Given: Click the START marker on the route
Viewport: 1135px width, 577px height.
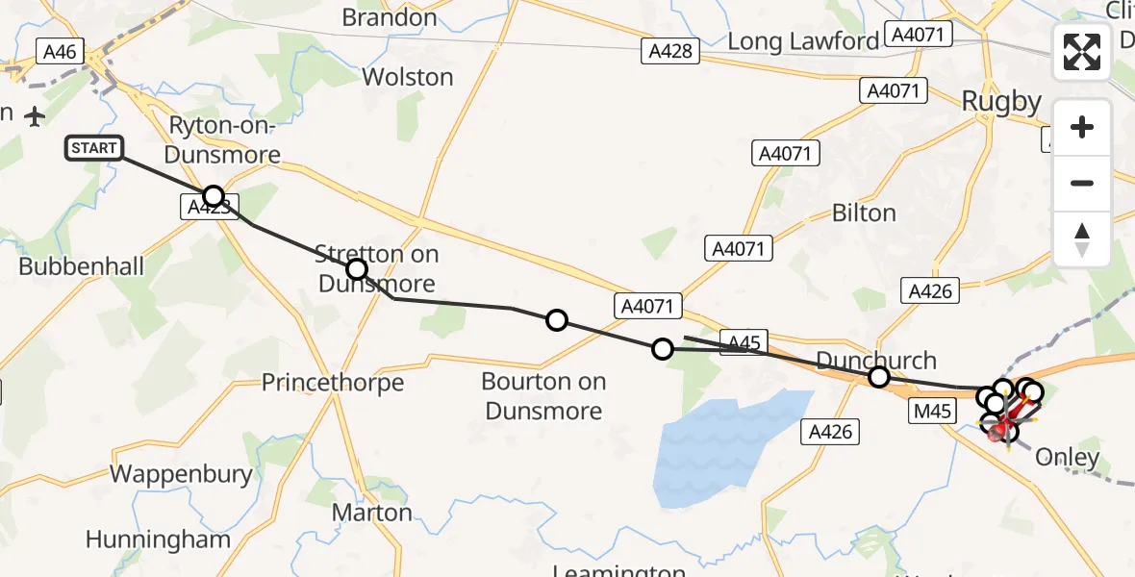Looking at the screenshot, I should click(94, 148).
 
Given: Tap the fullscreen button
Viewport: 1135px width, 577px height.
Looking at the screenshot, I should click(1082, 52).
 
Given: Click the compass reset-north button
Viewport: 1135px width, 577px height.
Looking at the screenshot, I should click(1082, 239).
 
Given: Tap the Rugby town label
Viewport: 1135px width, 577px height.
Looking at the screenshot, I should click(1001, 102).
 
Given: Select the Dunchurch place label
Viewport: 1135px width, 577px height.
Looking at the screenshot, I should click(875, 361).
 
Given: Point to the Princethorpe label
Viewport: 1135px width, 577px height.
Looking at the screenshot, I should click(333, 383).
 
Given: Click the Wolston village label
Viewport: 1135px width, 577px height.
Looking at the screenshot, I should click(407, 77).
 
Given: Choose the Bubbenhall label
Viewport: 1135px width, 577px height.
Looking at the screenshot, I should click(81, 265).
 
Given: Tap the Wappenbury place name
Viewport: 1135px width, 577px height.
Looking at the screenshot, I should click(181, 474).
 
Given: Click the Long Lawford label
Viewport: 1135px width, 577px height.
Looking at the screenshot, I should click(803, 41).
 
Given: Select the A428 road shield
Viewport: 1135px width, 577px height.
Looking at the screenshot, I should click(670, 51).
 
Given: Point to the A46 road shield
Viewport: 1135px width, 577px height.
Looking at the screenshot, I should click(61, 51).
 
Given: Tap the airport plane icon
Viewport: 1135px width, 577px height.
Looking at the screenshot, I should click(36, 116).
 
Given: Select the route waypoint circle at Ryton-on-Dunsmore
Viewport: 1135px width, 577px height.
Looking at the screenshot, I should click(214, 196).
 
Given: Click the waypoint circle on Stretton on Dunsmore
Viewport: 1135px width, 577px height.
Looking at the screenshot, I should click(357, 269).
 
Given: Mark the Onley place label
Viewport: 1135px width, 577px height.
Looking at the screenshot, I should click(1067, 458).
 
